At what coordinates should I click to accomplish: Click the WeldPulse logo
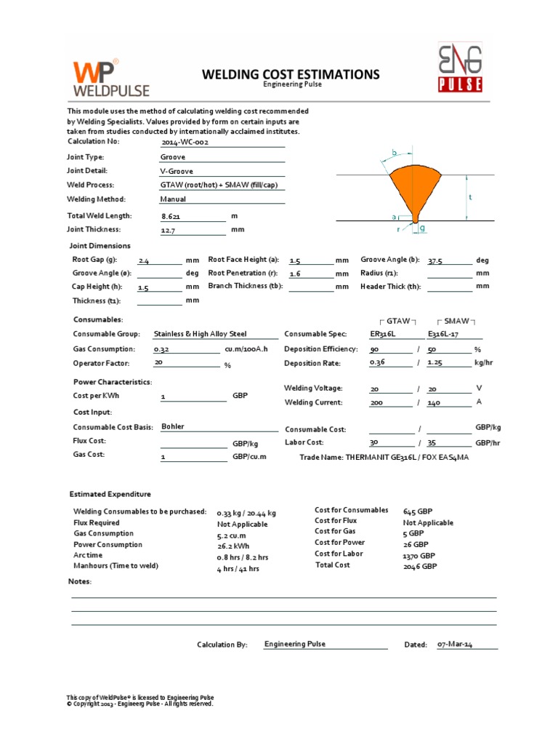[110, 79]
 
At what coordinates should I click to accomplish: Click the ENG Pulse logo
[460, 68]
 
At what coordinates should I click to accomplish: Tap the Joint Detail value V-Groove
[177, 171]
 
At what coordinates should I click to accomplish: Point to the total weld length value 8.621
[173, 216]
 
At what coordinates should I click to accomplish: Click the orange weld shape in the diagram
[414, 188]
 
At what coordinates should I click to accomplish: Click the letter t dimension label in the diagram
[471, 197]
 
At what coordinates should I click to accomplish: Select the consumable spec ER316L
[383, 334]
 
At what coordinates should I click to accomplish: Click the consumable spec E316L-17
[445, 334]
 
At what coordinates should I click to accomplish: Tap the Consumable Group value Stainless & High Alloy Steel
[200, 334]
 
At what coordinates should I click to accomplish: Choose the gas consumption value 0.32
[162, 349]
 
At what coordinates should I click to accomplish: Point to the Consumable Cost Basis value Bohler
[173, 426]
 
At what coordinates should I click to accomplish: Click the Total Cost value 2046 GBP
[420, 565]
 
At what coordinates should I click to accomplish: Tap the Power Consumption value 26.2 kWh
[234, 545]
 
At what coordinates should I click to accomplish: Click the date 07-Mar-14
[455, 645]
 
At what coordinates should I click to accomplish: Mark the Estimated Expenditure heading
[110, 494]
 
